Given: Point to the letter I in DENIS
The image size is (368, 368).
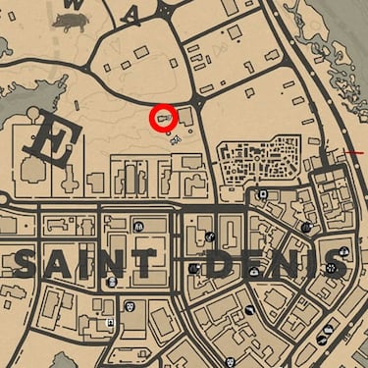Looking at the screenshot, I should [x=299, y=263].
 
